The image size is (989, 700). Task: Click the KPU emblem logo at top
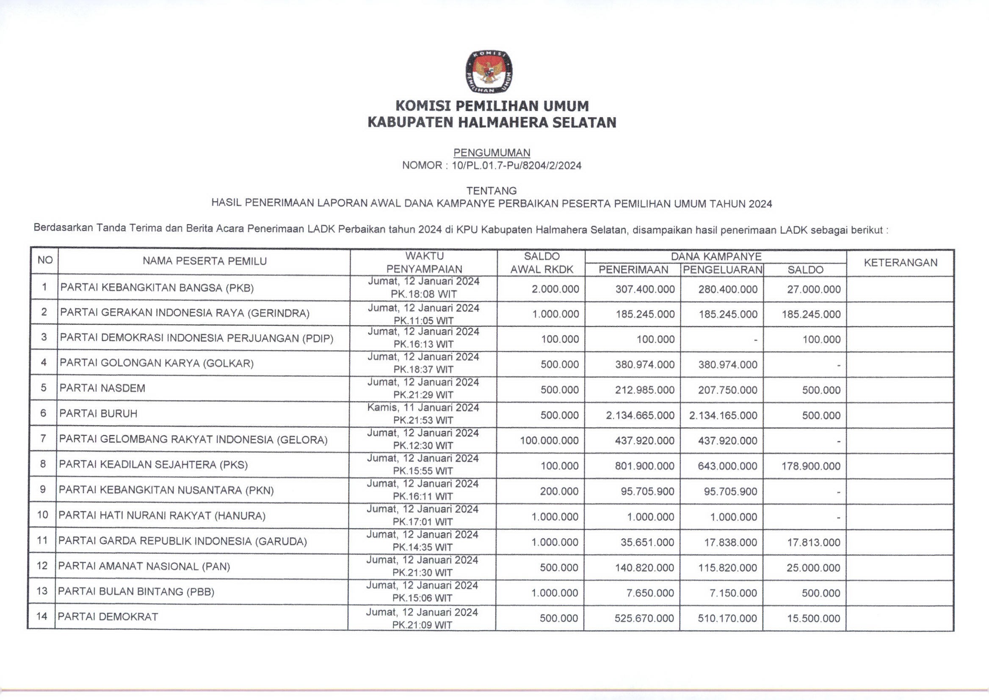(x=489, y=72)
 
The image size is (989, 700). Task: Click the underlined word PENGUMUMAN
(x=492, y=153)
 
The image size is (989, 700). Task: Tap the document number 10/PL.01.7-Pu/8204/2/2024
(x=516, y=166)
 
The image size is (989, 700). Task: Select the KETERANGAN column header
(x=900, y=263)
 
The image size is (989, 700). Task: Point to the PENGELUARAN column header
(x=722, y=270)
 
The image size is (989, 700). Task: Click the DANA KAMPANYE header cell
(x=716, y=256)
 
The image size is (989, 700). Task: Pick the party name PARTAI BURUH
(x=98, y=414)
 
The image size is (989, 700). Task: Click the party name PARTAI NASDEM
(x=102, y=389)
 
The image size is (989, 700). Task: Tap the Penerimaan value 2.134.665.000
(x=640, y=416)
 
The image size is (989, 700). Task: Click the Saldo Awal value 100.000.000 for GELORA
(x=549, y=441)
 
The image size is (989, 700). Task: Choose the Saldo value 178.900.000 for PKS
(x=811, y=466)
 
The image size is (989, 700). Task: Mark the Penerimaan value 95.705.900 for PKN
(x=647, y=492)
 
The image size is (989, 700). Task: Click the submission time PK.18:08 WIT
(x=423, y=294)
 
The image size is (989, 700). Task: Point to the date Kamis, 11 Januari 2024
(x=423, y=408)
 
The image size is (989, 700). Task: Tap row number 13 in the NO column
(x=42, y=591)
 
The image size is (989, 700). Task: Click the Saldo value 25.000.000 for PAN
(x=813, y=568)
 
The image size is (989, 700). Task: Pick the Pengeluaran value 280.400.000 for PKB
(x=727, y=289)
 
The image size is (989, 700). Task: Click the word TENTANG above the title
(x=492, y=191)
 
